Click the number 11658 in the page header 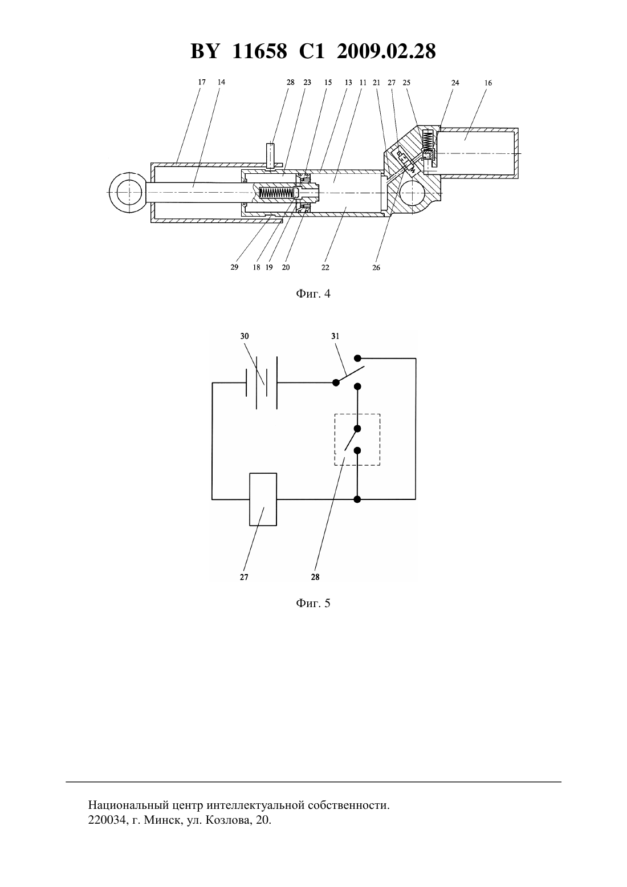tap(259, 51)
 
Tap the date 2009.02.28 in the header tap(386, 51)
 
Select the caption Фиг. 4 tap(313, 294)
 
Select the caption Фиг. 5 tap(313, 603)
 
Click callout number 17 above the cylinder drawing tap(202, 82)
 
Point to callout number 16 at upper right tap(488, 83)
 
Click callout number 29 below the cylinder tap(234, 267)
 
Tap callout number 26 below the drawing tap(376, 268)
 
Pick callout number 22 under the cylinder tap(325, 268)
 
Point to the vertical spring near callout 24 tap(427, 141)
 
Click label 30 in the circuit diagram tap(245, 336)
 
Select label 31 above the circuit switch tap(335, 336)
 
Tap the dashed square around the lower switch tap(335, 440)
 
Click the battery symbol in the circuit tap(261, 383)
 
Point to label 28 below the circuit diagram tap(315, 577)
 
